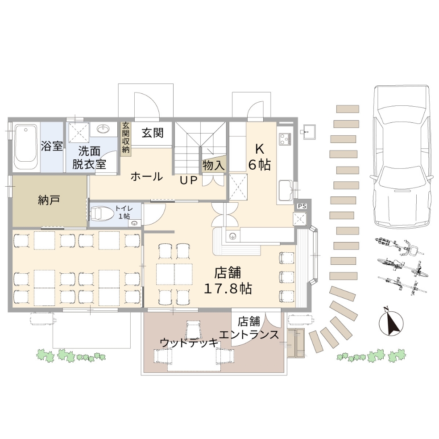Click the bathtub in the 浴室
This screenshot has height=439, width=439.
coord(26,147)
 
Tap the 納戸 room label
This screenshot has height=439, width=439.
coord(49,201)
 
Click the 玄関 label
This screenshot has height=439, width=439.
coord(153,133)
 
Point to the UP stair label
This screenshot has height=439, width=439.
coord(189,180)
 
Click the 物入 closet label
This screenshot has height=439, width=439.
coord(213,165)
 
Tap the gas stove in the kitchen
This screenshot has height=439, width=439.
coord(285,139)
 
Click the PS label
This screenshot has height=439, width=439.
coord(302,206)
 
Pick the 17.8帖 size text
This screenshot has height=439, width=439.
coord(228,289)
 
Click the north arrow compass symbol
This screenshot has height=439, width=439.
coord(391,323)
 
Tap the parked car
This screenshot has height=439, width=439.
coord(401,156)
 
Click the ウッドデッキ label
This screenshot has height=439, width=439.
coord(189,343)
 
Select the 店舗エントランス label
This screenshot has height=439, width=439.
coord(249,328)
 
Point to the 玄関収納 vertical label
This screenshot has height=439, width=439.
coord(126,138)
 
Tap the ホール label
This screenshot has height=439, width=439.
coord(147,176)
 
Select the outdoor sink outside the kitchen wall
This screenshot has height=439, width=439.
coord(307,132)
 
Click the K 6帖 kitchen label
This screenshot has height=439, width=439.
coord(260,157)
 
